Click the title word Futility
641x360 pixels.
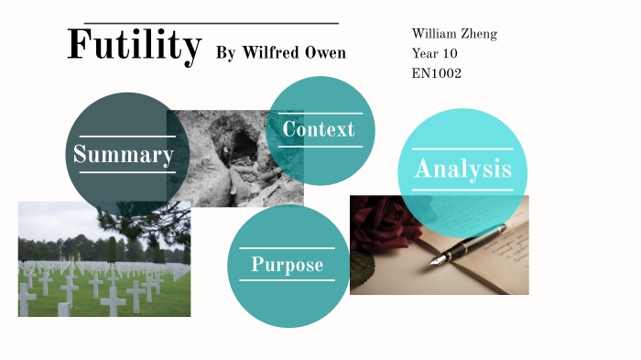(x=134, y=46)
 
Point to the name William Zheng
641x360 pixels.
(x=454, y=34)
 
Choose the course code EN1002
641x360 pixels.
(x=437, y=72)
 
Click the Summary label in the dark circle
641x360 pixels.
(x=124, y=155)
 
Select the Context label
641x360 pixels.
(x=318, y=129)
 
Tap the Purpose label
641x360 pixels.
(x=288, y=265)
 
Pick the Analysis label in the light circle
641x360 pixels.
(x=462, y=169)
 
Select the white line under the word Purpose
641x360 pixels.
(x=288, y=280)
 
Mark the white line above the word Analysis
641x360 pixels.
(x=462, y=148)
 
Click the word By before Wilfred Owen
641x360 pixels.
(x=225, y=53)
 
